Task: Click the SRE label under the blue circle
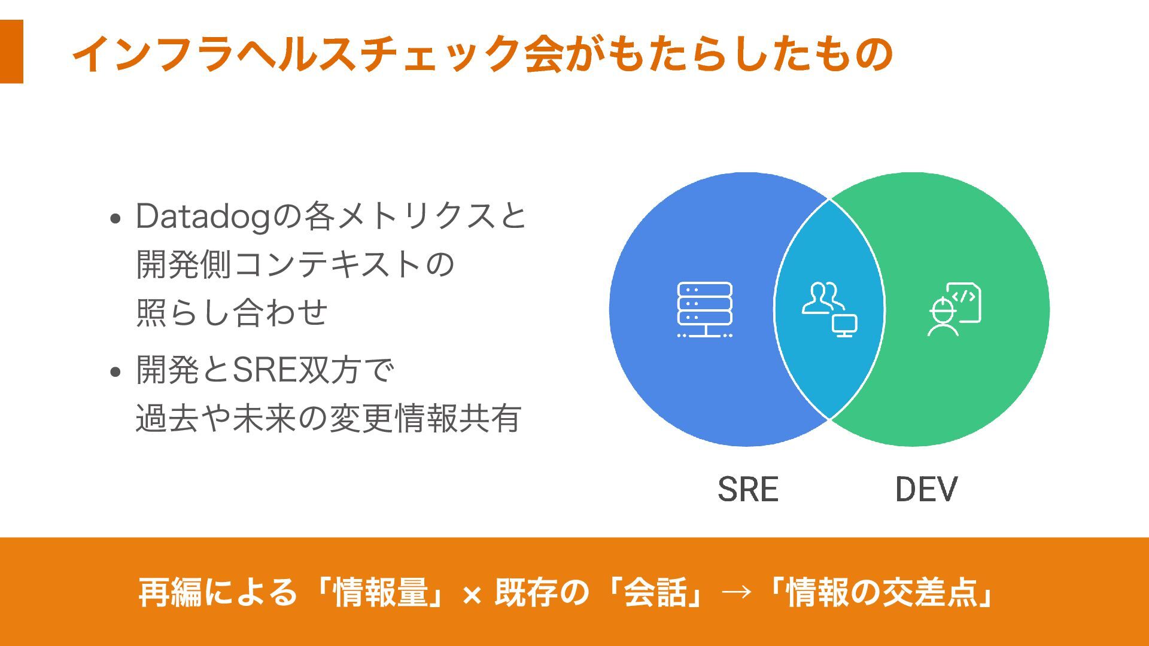coord(747,489)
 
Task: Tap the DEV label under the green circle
coord(926,489)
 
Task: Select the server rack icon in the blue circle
coord(704,309)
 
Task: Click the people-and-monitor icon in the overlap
coord(829,309)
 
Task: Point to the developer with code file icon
coord(954,309)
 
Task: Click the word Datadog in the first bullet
coord(203,216)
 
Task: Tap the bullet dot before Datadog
coord(116,218)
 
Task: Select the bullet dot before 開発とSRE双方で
coord(116,372)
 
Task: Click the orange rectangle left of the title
coord(11,51)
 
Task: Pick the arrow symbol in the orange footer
coord(737,592)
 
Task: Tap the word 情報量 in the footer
coord(381,592)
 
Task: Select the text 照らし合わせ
coord(232,312)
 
